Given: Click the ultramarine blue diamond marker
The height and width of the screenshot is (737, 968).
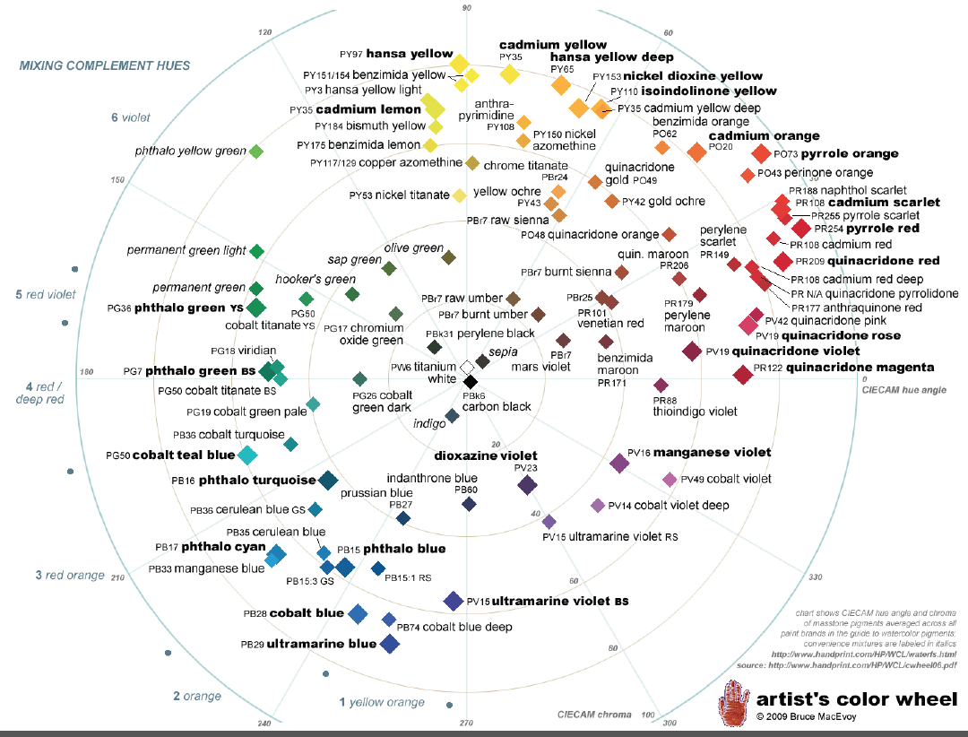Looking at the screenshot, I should coord(389,644).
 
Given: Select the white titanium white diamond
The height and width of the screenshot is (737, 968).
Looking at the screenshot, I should coord(467,368).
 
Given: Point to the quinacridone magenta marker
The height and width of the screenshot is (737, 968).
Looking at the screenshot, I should coord(742,375).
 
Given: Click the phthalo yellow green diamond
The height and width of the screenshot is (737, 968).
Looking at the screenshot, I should coord(255,152).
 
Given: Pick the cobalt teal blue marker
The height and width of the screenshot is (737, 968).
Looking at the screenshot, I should coord(248,455).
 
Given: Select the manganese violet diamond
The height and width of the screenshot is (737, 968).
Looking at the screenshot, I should coord(618,463).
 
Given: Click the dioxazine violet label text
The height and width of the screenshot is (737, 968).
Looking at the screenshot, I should coord(485,455).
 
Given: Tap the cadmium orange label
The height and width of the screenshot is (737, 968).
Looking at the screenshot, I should coord(764,136).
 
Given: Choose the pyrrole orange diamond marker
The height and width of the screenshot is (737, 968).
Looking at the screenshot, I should coord(761,154).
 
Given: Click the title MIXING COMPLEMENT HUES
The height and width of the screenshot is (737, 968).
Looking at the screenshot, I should coord(105,66).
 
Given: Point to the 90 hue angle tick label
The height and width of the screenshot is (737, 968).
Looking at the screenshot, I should coord(466,8).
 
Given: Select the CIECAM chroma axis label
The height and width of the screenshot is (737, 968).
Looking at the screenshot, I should coord(593,715).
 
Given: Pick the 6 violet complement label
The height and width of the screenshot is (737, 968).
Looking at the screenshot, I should coord(131,117).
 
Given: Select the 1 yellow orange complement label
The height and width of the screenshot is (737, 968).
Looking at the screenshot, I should coord(382,702).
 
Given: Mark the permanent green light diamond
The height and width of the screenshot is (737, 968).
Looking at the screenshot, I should coord(256,251).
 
